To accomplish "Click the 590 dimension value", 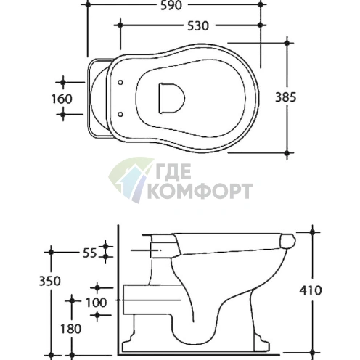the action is (x=171, y=5).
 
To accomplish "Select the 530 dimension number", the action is (x=198, y=26).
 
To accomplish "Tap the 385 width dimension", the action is (x=285, y=97).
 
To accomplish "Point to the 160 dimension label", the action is (x=62, y=99).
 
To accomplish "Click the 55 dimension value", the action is (x=90, y=253).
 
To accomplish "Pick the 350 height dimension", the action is (x=49, y=281).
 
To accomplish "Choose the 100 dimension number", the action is (x=96, y=303).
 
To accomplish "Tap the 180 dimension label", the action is (x=70, y=329).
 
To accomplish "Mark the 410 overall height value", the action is (x=311, y=290).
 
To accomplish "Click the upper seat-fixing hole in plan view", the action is (x=120, y=83).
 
